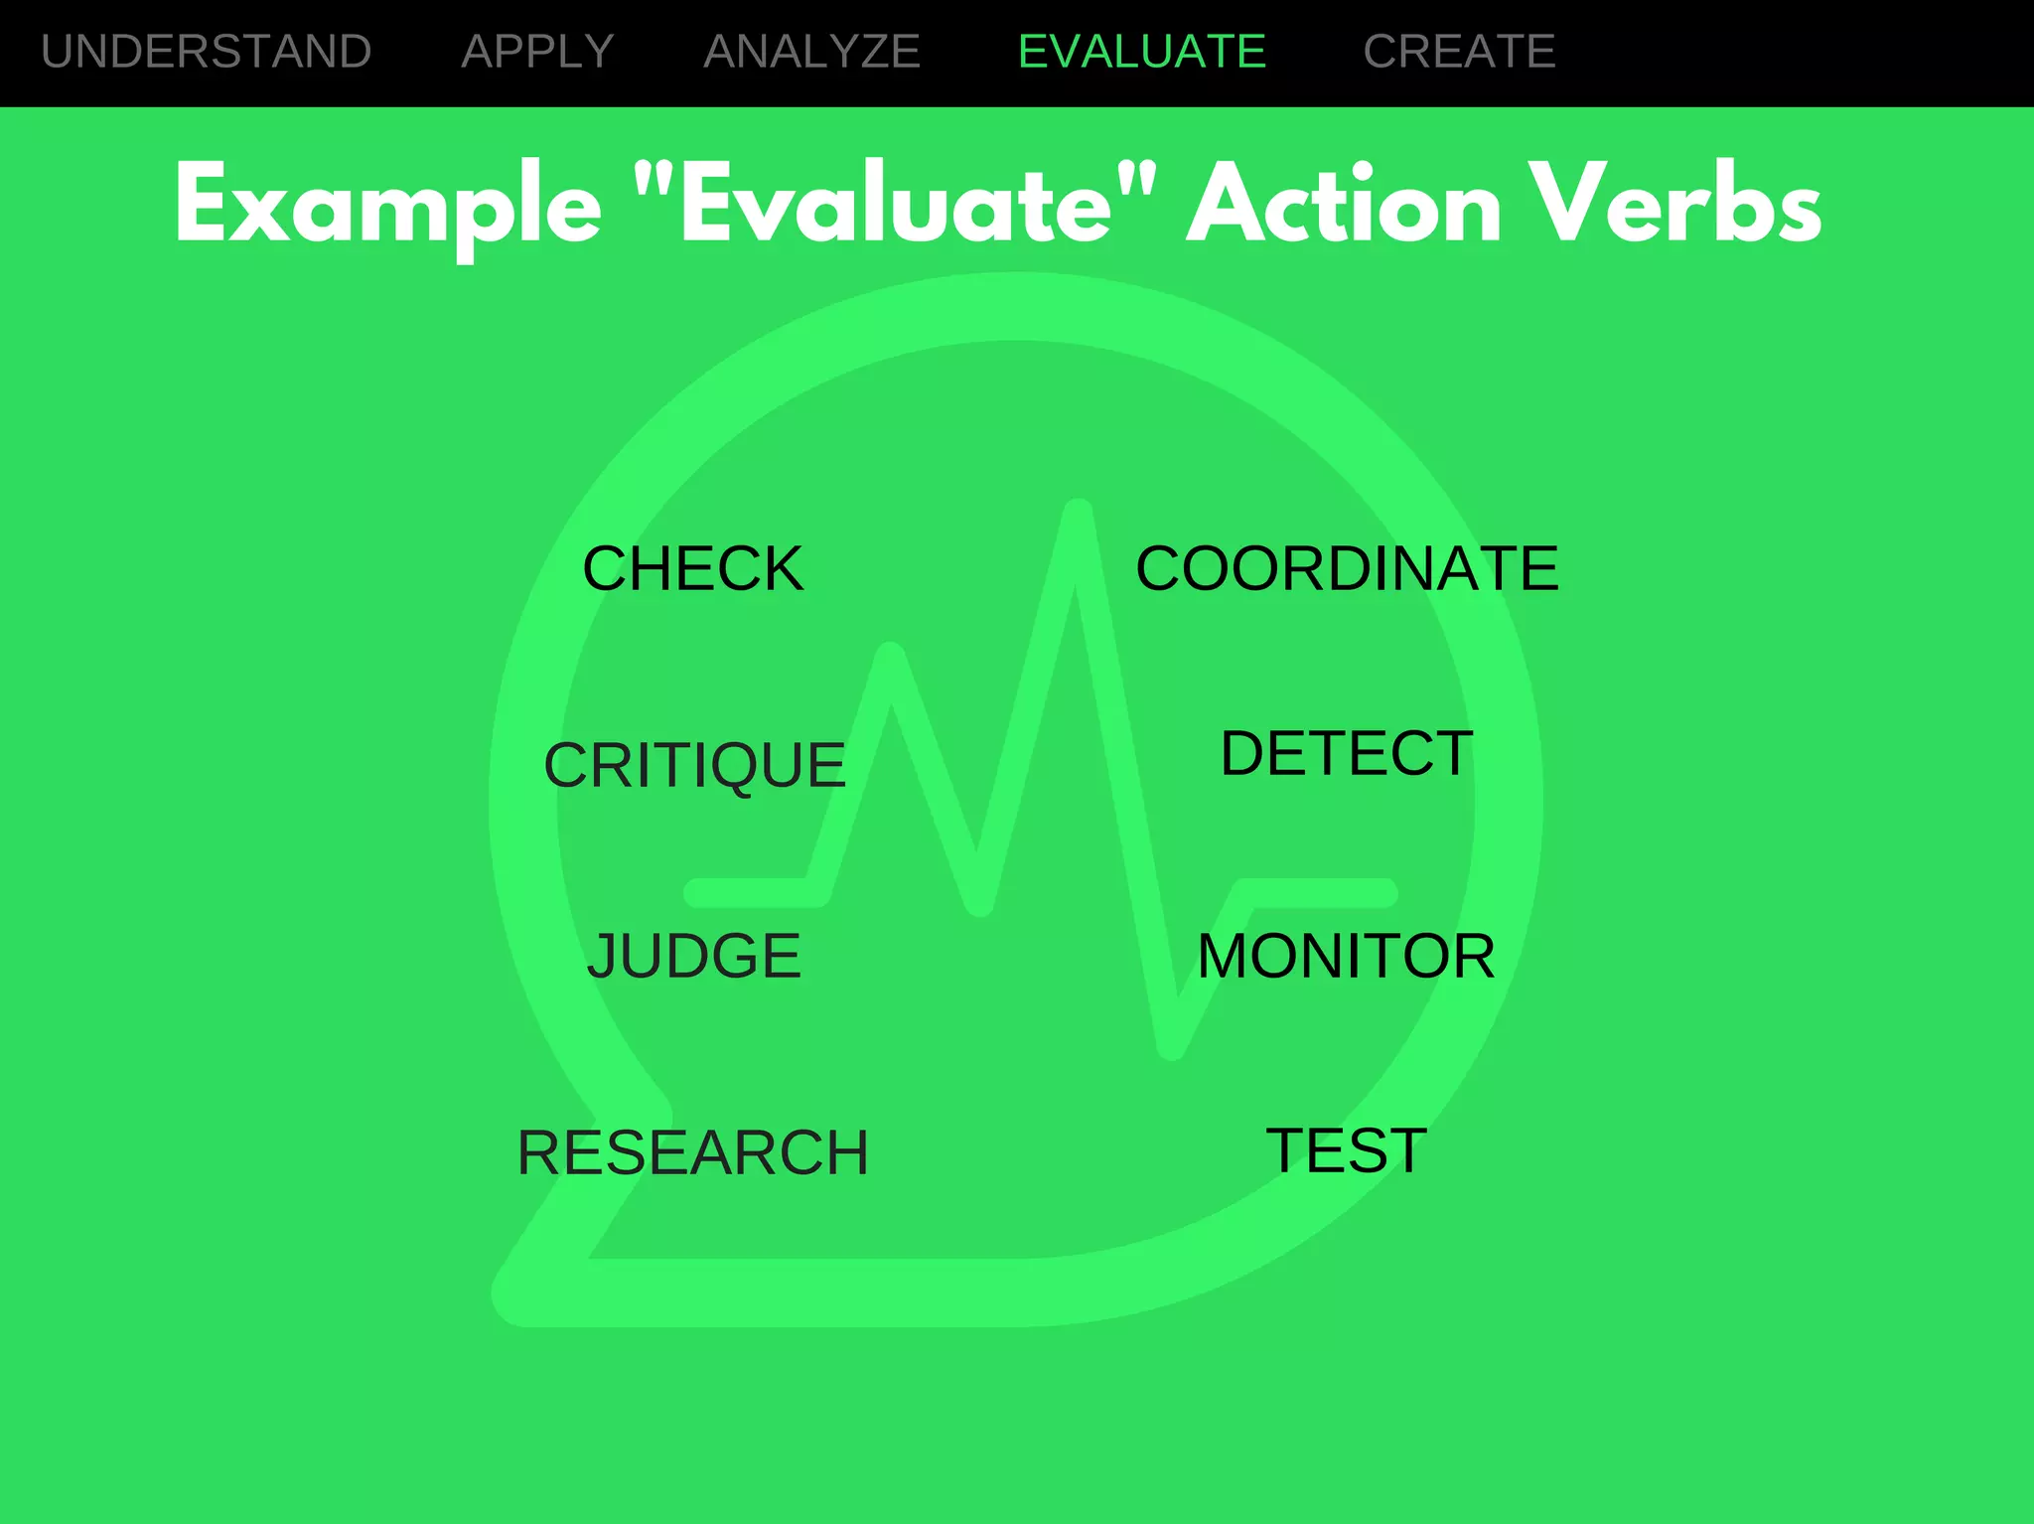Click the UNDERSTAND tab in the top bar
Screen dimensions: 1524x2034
tap(207, 52)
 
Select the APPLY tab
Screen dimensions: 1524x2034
tap(537, 52)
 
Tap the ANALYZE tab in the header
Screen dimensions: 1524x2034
tap(812, 52)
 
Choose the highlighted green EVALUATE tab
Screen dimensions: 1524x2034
tap(1142, 52)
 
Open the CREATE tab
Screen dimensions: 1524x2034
tap(1459, 52)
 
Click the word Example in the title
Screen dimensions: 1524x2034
tap(388, 207)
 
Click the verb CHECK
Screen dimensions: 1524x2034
tap(693, 569)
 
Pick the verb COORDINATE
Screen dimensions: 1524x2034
tap(1347, 569)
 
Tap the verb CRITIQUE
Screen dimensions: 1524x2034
tap(694, 765)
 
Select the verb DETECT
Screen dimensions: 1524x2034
tap(1347, 753)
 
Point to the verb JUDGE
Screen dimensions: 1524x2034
tap(693, 956)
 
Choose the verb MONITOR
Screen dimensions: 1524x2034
tap(1346, 956)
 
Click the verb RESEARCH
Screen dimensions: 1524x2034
tap(693, 1152)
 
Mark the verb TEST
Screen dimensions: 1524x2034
tap(1346, 1150)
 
